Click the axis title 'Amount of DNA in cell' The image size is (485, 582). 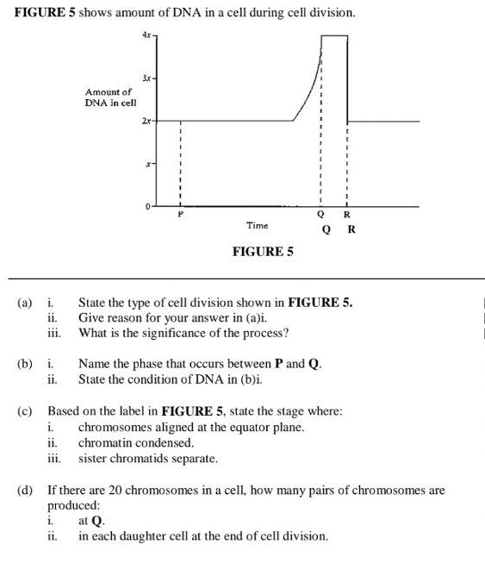pos(108,97)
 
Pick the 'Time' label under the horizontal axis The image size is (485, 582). pos(257,225)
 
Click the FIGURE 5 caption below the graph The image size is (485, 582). pos(263,252)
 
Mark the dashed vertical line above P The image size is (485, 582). pos(180,164)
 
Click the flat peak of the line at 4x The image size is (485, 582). pos(334,36)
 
